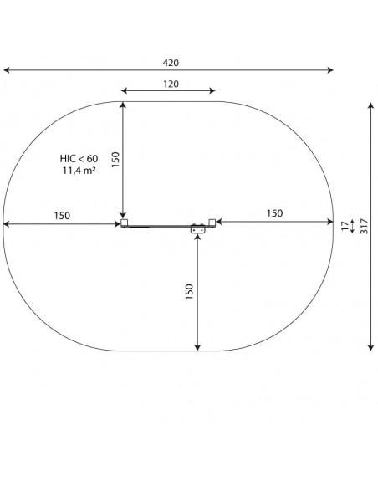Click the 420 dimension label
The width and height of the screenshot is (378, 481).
click(x=171, y=63)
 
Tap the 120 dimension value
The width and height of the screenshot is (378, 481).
click(x=171, y=84)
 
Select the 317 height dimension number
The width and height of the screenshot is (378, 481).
click(x=364, y=226)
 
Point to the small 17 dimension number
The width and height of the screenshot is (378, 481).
click(x=345, y=226)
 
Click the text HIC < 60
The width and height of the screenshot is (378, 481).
click(x=79, y=159)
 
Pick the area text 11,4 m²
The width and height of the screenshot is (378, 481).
click(x=79, y=171)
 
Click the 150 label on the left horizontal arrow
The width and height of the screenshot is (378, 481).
click(x=62, y=216)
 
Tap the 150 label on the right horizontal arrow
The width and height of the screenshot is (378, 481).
click(x=274, y=213)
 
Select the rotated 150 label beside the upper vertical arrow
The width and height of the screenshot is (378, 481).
click(x=115, y=160)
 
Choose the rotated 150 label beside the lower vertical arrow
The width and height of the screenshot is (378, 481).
click(x=190, y=292)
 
